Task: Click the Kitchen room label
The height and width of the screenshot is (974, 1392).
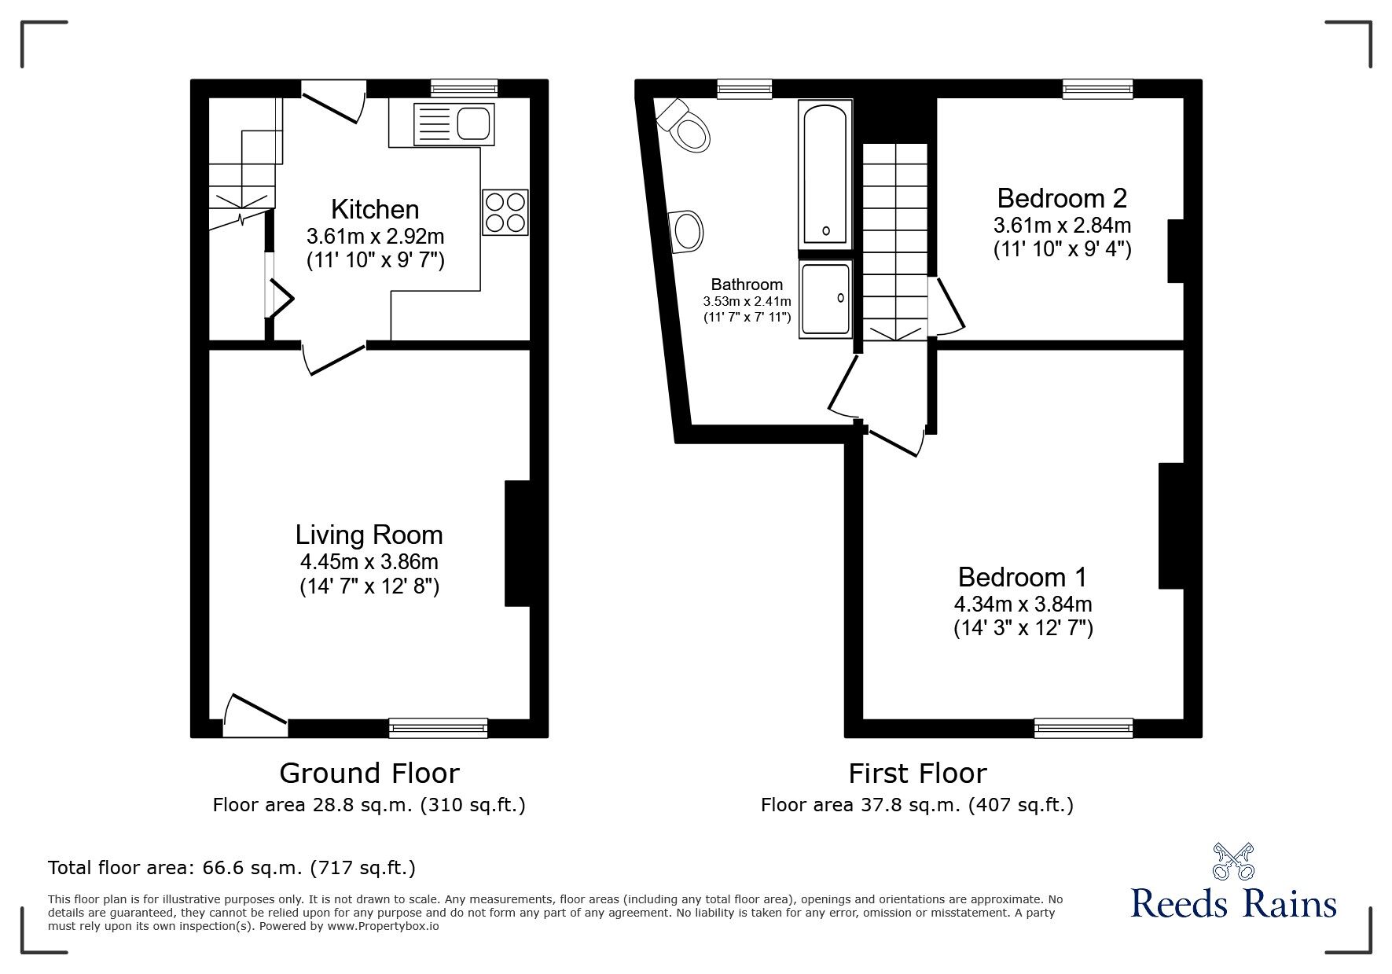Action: click(x=375, y=209)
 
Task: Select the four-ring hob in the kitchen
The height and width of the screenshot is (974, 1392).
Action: click(x=505, y=211)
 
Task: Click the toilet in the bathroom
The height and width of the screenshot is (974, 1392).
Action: click(x=685, y=125)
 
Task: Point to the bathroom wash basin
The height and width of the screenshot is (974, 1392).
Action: click(x=688, y=231)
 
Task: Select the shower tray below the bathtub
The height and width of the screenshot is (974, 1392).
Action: click(x=825, y=300)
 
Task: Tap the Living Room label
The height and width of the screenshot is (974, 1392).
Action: click(x=369, y=535)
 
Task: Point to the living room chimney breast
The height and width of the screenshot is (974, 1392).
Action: click(x=516, y=543)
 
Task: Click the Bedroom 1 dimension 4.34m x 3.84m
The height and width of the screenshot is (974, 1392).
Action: click(x=1023, y=604)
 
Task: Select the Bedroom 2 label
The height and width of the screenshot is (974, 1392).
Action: click(x=1062, y=197)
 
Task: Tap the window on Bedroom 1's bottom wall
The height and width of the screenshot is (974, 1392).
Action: click(x=1083, y=727)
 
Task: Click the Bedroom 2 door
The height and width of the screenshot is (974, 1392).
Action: click(x=947, y=303)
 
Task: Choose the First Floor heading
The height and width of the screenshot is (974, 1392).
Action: click(x=916, y=774)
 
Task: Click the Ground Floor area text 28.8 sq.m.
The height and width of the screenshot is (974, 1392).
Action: click(x=369, y=805)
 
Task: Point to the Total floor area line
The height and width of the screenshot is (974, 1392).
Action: click(x=232, y=868)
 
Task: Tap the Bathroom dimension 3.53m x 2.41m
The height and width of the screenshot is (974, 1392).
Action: click(x=747, y=301)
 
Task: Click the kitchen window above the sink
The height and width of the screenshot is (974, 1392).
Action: click(x=464, y=89)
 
